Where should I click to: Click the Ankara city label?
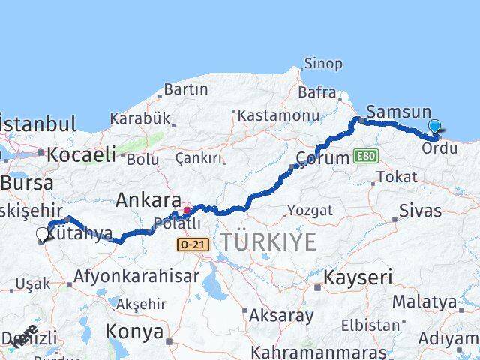click(148, 201)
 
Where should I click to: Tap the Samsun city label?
click(398, 112)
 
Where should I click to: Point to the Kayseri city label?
click(358, 277)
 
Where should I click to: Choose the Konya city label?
click(133, 331)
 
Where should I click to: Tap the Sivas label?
click(421, 210)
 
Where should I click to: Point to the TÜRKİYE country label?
click(268, 241)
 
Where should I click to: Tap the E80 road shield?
click(366, 156)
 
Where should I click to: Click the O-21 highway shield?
click(189, 244)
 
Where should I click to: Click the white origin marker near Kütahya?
click(43, 235)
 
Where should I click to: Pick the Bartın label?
click(185, 89)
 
